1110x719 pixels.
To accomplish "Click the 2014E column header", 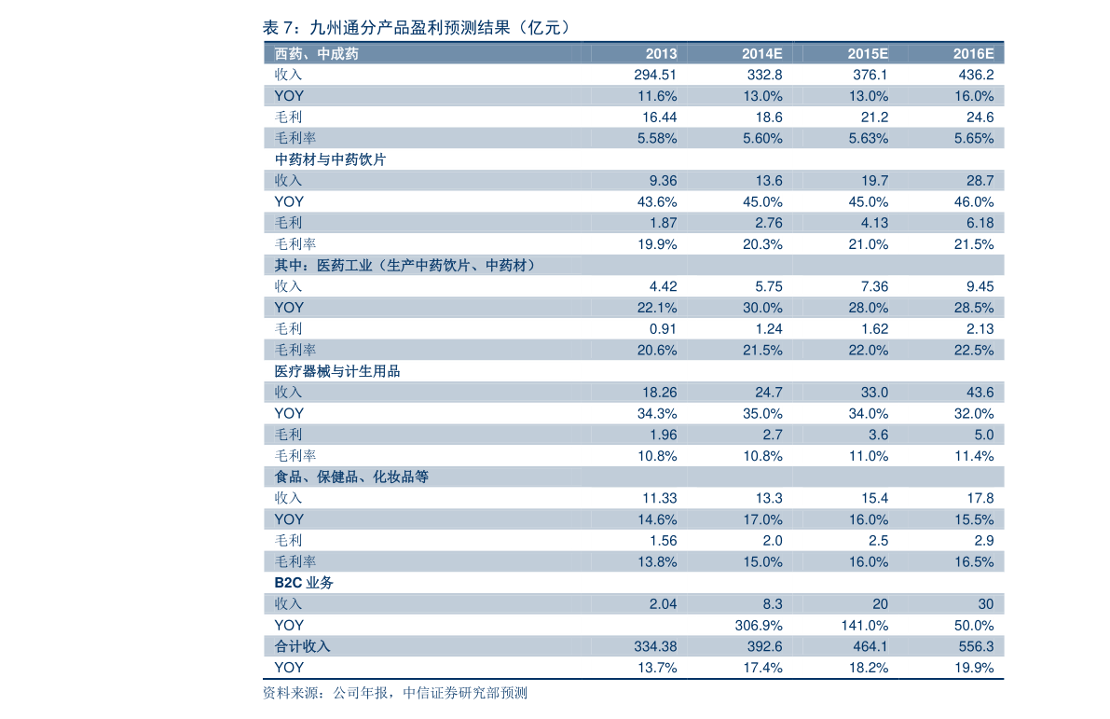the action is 761,54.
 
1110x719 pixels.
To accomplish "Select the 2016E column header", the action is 973,54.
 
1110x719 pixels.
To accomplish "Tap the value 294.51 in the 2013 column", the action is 655,76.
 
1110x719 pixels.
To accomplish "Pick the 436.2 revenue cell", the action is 976,76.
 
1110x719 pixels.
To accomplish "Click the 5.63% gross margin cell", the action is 869,138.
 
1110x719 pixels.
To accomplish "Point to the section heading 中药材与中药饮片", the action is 330,159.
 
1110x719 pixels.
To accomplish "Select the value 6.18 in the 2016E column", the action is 980,223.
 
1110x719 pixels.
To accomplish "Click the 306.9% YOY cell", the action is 759,626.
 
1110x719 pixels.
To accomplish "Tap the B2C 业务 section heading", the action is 304,583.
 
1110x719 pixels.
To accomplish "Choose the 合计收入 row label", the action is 302,647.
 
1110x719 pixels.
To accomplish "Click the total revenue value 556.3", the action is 976,647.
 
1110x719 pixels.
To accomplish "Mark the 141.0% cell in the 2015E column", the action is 865,626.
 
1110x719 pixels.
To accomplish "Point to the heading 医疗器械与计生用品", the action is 337,371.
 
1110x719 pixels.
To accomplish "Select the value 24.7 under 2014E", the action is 769,393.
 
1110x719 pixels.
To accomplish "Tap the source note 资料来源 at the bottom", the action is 394,693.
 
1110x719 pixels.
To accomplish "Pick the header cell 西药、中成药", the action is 317,54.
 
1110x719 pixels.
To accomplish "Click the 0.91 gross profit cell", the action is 663,328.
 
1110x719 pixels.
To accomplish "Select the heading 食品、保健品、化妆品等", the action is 351,477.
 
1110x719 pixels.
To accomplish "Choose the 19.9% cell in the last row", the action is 974,668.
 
